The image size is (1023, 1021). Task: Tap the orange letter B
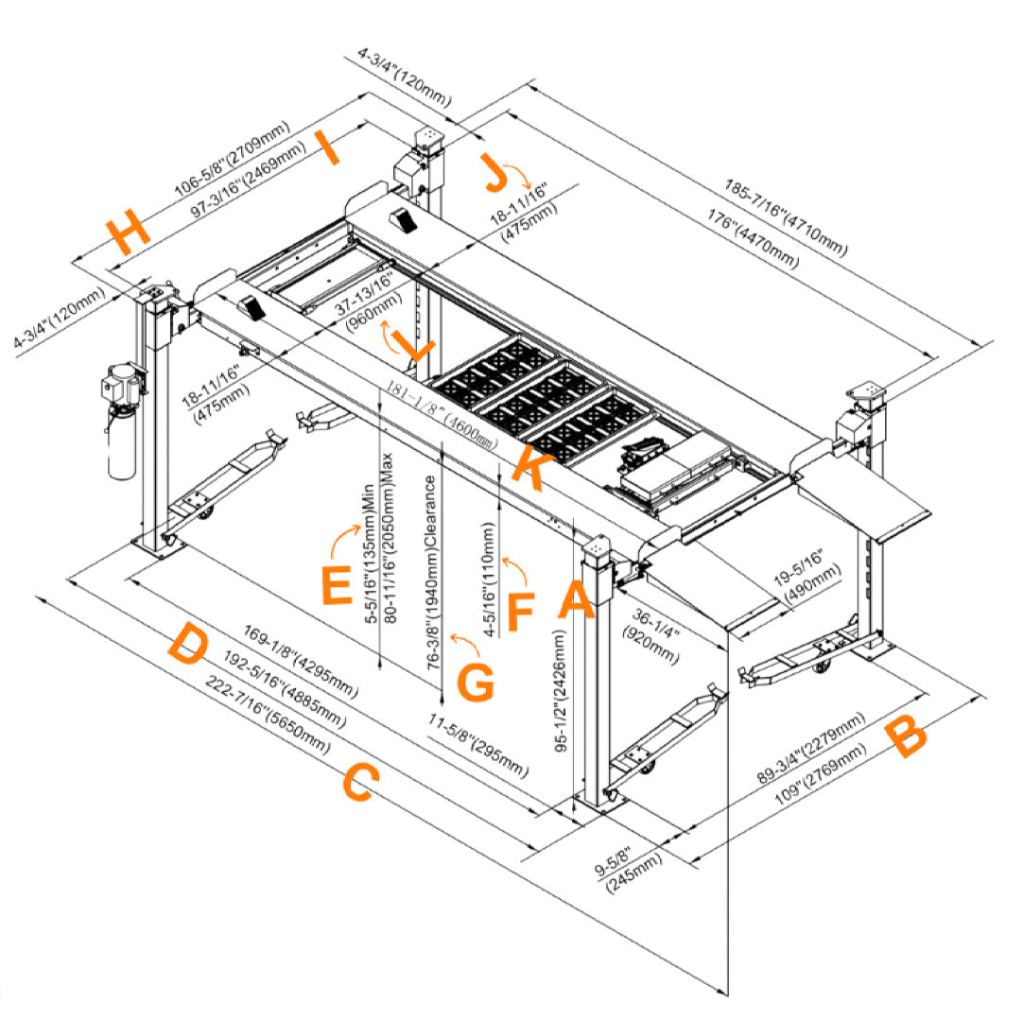907,737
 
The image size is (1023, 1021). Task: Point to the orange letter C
360,784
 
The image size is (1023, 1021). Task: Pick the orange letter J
495,171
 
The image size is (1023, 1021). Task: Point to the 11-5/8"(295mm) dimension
477,747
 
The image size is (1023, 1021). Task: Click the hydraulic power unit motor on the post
121,383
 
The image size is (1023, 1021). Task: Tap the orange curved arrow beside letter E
346,546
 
